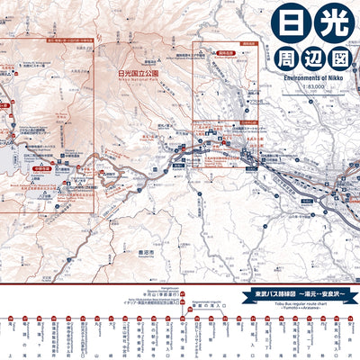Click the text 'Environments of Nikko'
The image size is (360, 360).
pyautogui.click(x=306, y=78)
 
